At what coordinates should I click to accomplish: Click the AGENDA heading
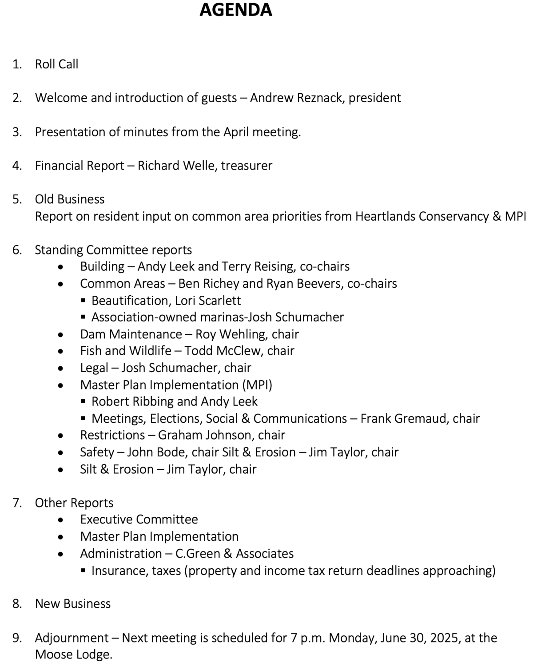click(x=235, y=10)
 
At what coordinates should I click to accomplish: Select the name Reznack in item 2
click(x=320, y=98)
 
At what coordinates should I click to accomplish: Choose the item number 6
click(x=17, y=250)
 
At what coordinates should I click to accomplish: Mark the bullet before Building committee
click(x=60, y=267)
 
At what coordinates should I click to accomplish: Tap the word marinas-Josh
click(x=236, y=317)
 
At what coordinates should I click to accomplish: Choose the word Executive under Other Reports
click(x=106, y=519)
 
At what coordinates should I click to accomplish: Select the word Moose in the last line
click(x=54, y=654)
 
